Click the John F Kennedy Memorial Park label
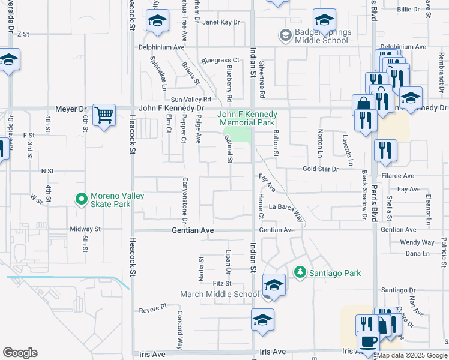click(x=247, y=118)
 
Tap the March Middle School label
click(x=220, y=294)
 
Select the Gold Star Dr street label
click(x=321, y=170)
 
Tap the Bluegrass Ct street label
click(x=220, y=61)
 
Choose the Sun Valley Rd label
click(x=191, y=100)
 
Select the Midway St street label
click(x=85, y=229)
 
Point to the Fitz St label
click(x=221, y=283)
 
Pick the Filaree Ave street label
click(x=400, y=176)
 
